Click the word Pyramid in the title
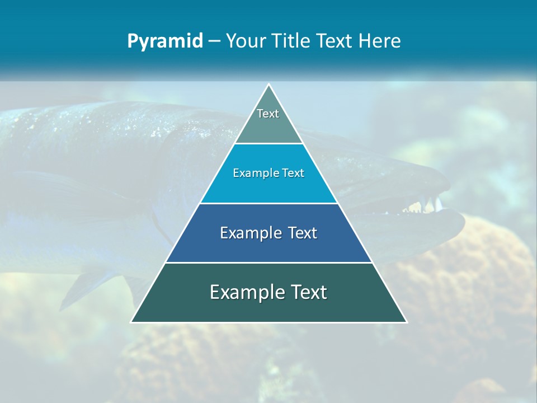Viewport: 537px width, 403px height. coord(164,41)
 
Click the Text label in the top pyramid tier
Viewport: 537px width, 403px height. coord(268,114)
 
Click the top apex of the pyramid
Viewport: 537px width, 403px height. coord(269,85)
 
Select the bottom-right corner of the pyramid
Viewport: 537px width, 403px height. coord(406,322)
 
